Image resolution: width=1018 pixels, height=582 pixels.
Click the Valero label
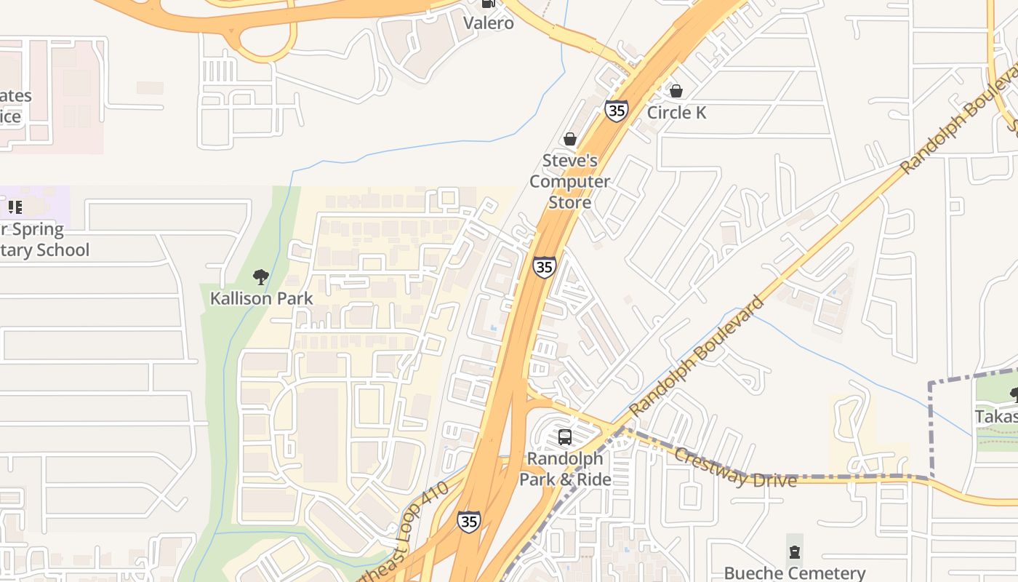(489, 23)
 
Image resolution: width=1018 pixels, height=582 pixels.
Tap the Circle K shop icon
(676, 91)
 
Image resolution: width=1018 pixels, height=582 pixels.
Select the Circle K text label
(676, 112)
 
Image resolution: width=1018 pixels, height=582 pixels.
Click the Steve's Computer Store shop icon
(570, 139)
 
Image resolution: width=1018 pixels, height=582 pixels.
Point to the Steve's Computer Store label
(569, 181)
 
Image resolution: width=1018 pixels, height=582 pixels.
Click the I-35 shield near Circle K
(616, 111)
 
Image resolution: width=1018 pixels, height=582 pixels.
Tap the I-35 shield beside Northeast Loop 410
(469, 521)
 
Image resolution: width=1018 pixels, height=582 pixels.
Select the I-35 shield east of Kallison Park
(544, 267)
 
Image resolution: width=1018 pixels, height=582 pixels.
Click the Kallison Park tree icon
(261, 276)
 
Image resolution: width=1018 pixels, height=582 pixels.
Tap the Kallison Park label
(262, 298)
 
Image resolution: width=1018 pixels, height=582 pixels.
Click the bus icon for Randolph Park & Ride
(565, 437)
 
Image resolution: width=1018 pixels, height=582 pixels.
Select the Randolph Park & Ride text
(565, 469)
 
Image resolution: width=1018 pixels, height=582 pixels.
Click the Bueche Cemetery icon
(795, 551)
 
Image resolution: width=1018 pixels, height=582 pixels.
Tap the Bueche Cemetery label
(795, 573)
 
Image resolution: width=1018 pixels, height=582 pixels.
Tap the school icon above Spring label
(15, 207)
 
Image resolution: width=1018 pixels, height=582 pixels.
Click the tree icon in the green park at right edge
(1014, 394)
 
